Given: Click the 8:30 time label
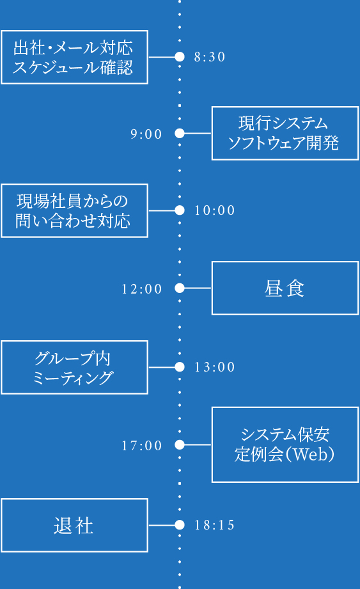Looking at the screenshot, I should (x=210, y=57).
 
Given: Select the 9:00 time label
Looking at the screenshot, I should (x=146, y=134).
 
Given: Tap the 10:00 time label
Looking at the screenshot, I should (x=215, y=210).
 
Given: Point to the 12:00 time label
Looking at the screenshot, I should (x=142, y=289).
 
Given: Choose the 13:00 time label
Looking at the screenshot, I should (x=215, y=367).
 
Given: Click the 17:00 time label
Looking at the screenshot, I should (x=142, y=446).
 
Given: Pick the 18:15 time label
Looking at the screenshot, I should (x=215, y=526).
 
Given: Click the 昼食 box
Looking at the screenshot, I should (x=285, y=288).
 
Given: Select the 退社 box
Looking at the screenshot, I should (x=74, y=525).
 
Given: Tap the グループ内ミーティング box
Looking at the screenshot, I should (x=74, y=367).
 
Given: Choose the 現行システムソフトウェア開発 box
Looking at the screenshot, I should (x=285, y=133).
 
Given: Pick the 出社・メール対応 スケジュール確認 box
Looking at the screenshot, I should (x=74, y=57).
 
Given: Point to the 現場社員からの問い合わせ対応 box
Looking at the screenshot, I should (x=74, y=210).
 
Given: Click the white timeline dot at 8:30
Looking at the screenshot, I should (x=180, y=57).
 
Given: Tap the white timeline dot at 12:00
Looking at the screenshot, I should (x=180, y=288).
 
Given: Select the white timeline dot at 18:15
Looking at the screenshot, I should (x=180, y=525).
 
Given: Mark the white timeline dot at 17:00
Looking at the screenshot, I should (x=180, y=445).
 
